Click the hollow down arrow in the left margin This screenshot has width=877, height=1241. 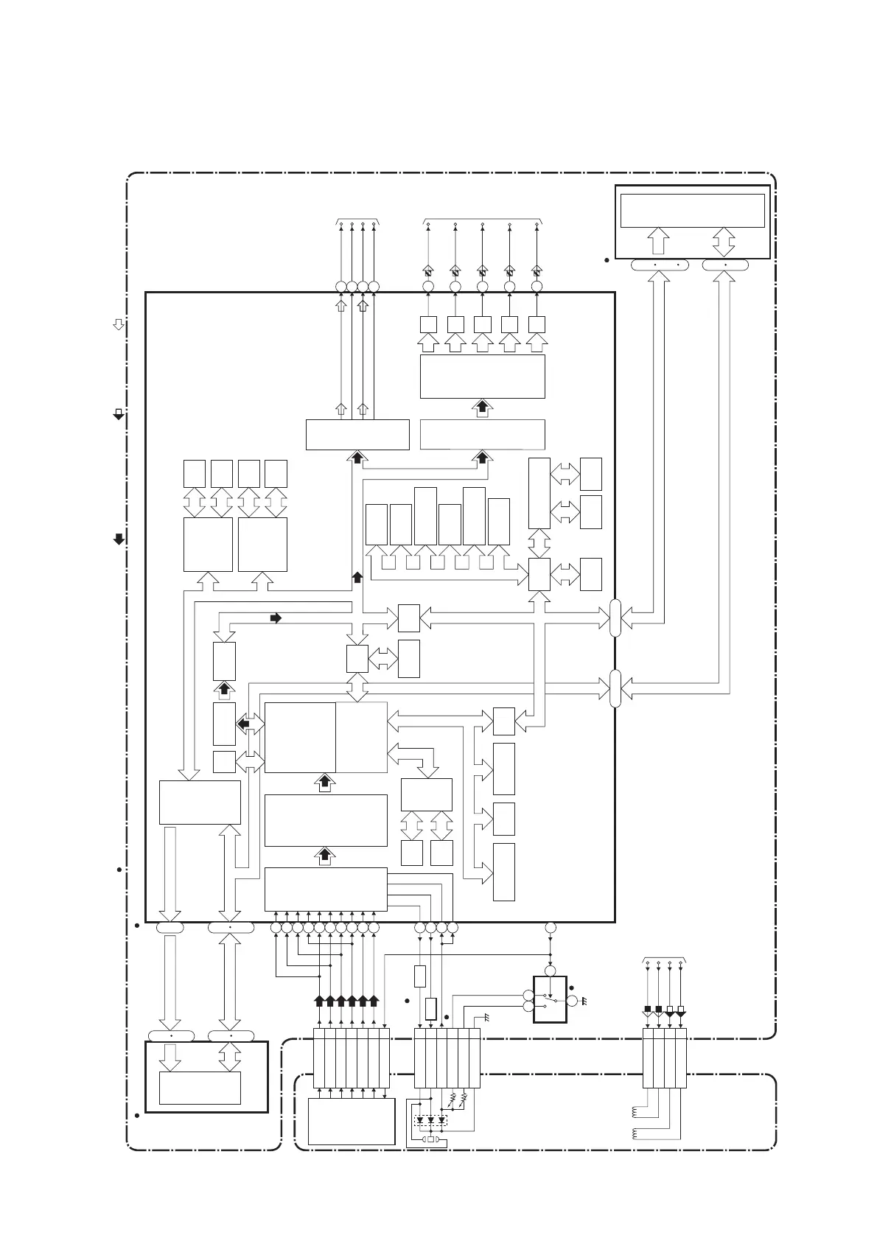click(118, 324)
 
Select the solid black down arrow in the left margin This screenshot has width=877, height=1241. click(118, 539)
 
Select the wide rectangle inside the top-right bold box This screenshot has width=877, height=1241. click(692, 211)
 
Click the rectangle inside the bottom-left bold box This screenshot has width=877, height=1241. click(200, 1088)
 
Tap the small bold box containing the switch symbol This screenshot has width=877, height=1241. click(550, 999)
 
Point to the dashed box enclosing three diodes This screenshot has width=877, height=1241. click(431, 1120)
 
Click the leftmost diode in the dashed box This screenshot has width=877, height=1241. click(420, 1120)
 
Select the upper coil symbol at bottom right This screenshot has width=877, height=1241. click(636, 1112)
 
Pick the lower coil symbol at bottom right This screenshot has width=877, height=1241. click(636, 1134)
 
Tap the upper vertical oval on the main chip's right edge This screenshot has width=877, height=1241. click(615, 618)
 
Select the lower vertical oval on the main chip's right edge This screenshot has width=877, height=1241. click(615, 689)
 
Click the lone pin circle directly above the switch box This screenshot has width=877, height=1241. click(550, 928)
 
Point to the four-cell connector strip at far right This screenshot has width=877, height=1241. click(664, 1058)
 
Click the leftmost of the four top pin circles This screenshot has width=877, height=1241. click(340, 287)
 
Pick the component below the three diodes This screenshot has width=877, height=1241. click(431, 1139)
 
